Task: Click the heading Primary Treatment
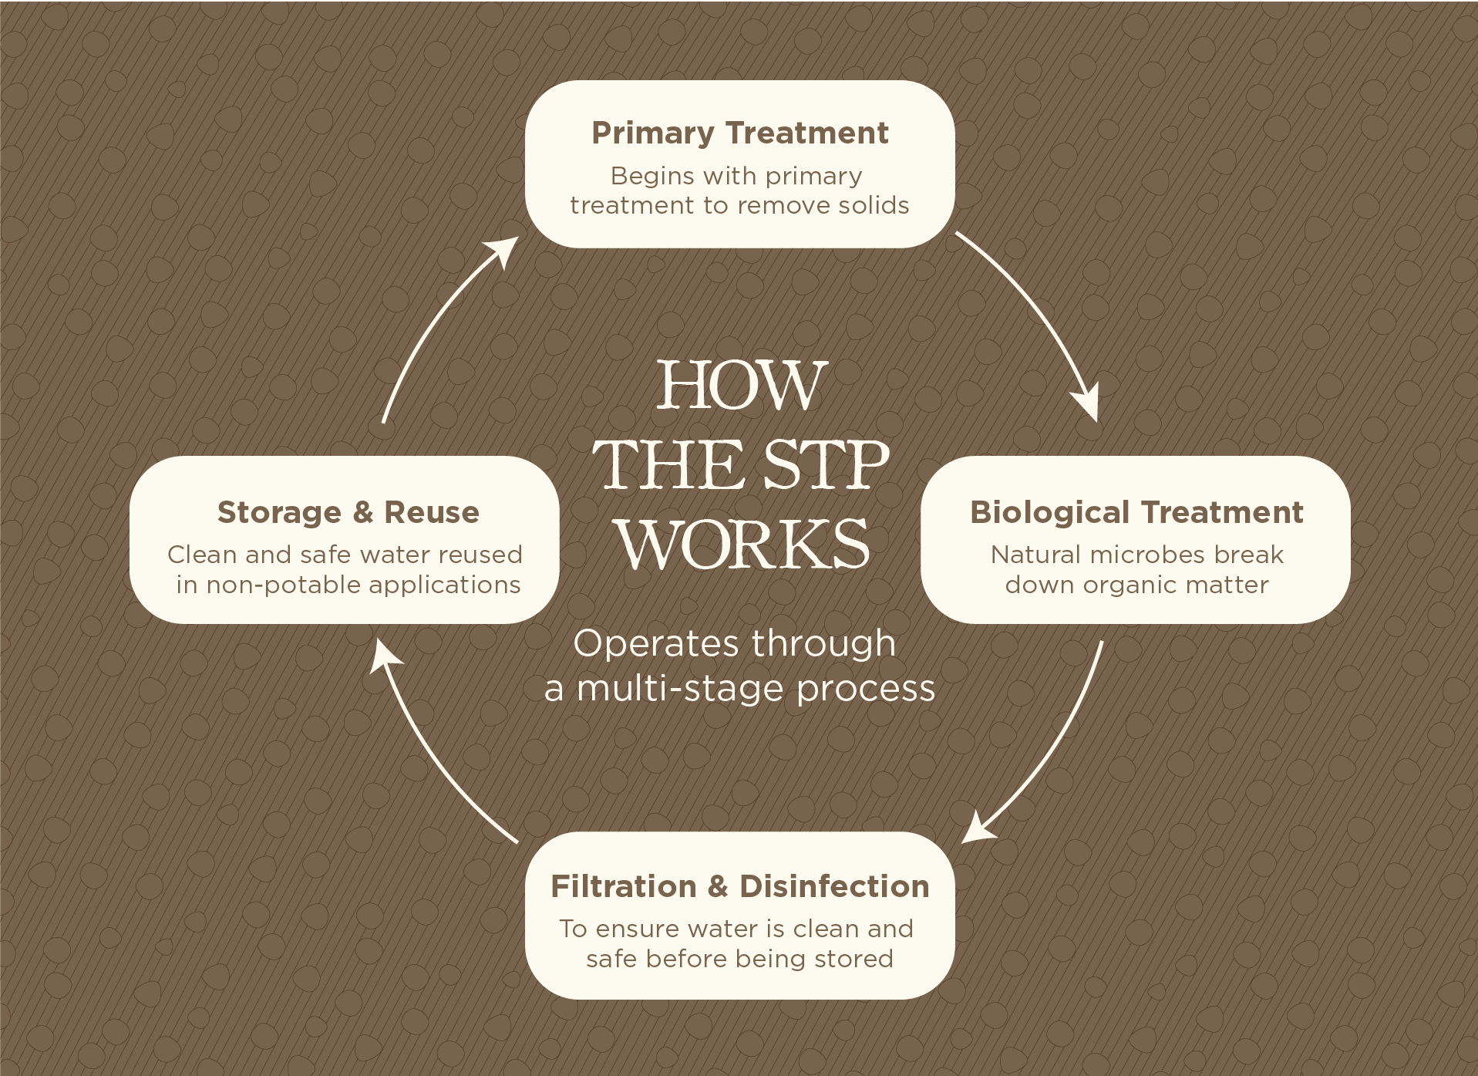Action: point(739,133)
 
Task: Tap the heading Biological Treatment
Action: point(1136,512)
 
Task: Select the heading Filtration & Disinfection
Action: point(739,886)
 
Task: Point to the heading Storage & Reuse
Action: point(348,512)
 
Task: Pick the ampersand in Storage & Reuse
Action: point(363,513)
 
